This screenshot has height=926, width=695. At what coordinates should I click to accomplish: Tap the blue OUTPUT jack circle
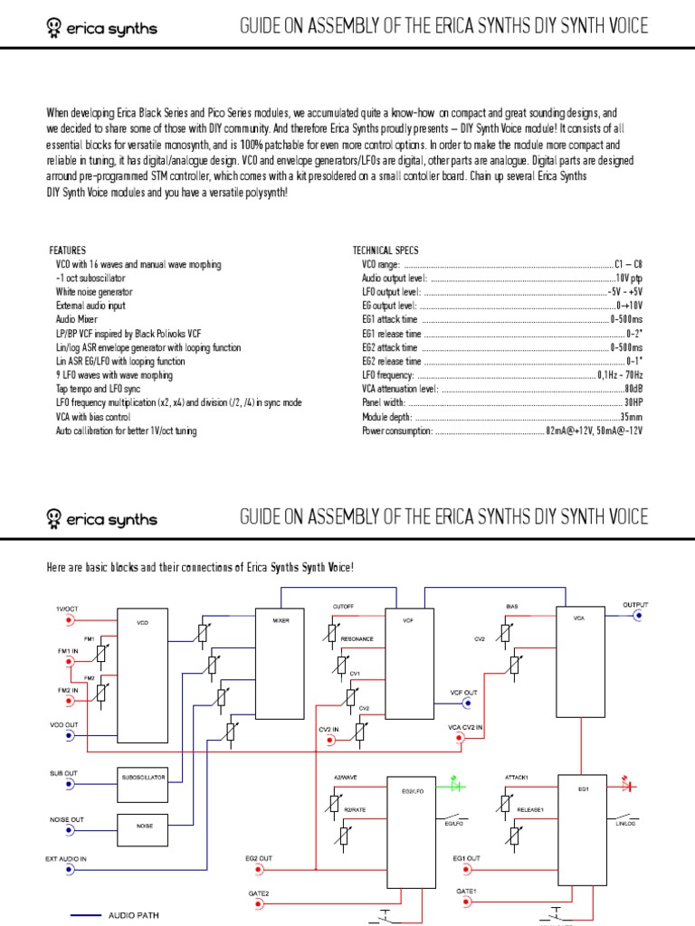pyautogui.click(x=639, y=615)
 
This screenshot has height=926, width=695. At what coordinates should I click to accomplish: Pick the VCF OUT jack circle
pyautogui.click(x=467, y=703)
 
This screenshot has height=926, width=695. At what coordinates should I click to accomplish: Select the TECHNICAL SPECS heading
pyautogui.click(x=386, y=250)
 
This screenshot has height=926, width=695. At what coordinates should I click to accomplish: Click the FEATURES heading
pyautogui.click(x=67, y=250)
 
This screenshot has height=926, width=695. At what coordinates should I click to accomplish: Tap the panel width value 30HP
pyautogui.click(x=633, y=403)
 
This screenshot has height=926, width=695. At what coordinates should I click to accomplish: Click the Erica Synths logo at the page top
pyautogui.click(x=101, y=28)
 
